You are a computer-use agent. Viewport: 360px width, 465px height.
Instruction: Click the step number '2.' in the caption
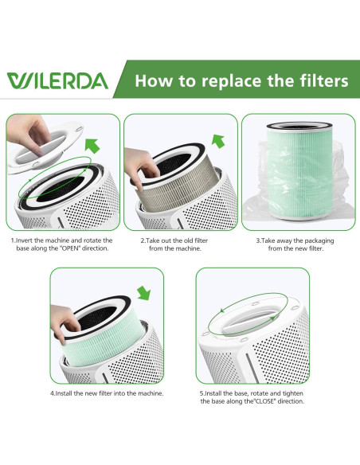point(143,240)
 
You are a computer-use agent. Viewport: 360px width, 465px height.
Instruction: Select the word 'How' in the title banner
point(151,81)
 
